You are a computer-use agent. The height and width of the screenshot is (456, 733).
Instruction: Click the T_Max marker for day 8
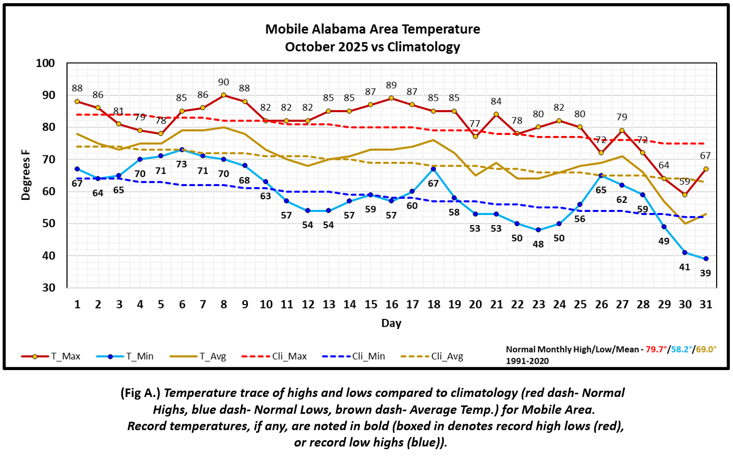coord(224,95)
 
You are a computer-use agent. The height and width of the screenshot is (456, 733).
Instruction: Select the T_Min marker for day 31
coord(706,258)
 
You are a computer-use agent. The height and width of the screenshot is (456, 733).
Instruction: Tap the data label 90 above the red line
coord(224,82)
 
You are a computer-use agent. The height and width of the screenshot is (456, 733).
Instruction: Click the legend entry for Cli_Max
coord(266,356)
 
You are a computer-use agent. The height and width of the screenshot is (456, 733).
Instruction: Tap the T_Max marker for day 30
coord(684,195)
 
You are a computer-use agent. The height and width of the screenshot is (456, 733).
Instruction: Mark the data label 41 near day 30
coord(684,267)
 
